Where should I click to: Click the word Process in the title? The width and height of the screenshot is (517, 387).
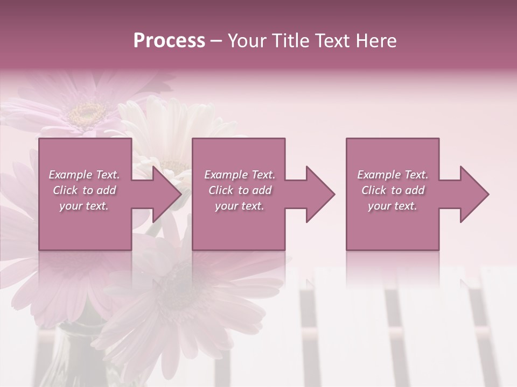(x=169, y=41)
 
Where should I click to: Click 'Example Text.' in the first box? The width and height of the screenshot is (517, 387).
(x=85, y=175)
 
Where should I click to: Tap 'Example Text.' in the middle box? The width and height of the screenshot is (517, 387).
(x=239, y=175)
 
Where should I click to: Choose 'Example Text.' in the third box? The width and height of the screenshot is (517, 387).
(x=393, y=175)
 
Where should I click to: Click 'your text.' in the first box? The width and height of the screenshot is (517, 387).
(x=85, y=206)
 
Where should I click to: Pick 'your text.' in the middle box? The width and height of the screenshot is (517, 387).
(x=239, y=206)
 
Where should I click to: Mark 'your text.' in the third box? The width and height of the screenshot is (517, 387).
(x=393, y=206)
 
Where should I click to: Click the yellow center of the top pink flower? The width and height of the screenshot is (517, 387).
(x=87, y=113)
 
